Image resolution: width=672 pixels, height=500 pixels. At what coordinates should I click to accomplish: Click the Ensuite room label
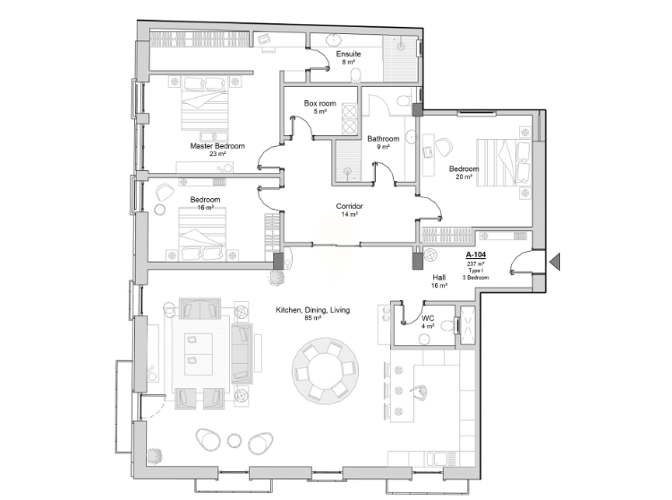348,54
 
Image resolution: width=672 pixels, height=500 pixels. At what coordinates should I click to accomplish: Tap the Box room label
320,103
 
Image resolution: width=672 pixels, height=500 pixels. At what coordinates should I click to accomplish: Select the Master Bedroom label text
217,146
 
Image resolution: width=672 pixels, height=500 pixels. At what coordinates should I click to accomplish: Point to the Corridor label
349,206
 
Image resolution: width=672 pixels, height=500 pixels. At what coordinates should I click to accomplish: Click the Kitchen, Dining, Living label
313,310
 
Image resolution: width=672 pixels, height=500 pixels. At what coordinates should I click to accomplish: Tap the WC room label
428,318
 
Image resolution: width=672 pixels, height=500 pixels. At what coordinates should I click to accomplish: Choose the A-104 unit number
476,255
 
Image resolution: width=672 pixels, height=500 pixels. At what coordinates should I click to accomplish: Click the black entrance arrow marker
555,262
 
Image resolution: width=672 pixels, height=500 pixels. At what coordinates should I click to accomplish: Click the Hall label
438,278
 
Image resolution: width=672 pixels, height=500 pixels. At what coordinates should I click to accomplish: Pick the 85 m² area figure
313,318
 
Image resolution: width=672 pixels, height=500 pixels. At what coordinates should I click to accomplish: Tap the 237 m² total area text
476,264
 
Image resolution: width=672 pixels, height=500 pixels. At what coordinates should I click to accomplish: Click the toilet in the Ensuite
356,75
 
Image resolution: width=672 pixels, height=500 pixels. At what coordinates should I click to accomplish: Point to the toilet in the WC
447,326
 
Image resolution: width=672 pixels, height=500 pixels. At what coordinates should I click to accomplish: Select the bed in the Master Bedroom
204,103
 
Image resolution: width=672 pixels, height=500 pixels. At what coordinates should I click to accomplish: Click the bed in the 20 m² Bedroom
504,163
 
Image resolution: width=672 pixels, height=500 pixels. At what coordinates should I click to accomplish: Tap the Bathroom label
383,139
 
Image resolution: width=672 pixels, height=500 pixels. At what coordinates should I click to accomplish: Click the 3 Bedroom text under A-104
476,277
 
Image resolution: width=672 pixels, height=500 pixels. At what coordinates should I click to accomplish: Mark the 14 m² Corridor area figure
349,214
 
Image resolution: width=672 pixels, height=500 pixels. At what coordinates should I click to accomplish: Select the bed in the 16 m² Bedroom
202,234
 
